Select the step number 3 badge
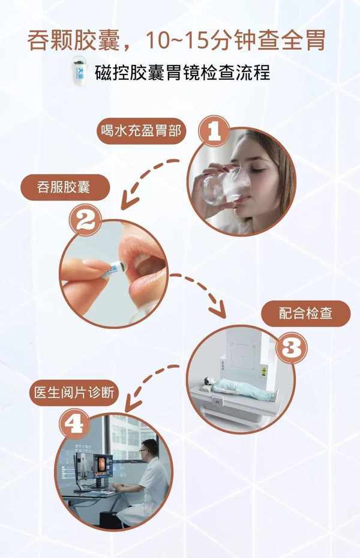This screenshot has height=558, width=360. click(292, 347)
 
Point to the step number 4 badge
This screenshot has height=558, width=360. click(75, 424)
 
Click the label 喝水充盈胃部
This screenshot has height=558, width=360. click(141, 131)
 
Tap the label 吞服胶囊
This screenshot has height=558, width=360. click(64, 187)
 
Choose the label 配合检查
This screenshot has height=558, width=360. click(305, 314)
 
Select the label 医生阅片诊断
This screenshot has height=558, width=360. click(74, 393)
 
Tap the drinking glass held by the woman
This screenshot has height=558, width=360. click(221, 187)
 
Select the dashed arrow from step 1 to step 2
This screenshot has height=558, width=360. click(146, 180)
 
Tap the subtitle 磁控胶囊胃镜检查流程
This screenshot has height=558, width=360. click(182, 72)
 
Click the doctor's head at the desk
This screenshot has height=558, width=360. click(149, 449)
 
